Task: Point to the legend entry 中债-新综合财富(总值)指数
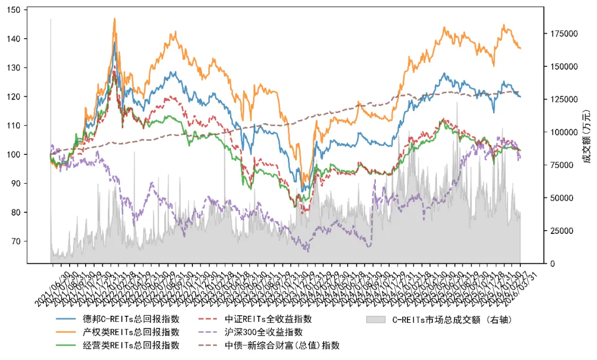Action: pyautogui.click(x=282, y=346)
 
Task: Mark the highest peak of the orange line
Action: pyautogui.click(x=114, y=18)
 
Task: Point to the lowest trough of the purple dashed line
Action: pyautogui.click(x=307, y=251)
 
